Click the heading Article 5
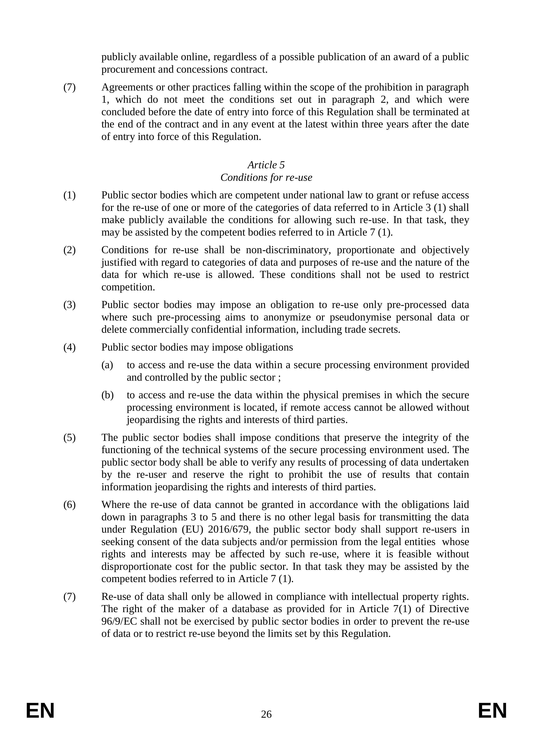pos(266,165)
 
